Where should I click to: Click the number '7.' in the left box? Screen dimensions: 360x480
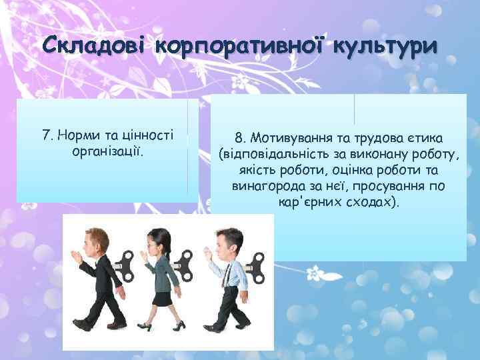click(49, 135)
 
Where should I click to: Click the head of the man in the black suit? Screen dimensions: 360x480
click(91, 245)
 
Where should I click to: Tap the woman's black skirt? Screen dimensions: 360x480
click(163, 297)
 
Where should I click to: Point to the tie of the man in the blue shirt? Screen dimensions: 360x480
click(225, 273)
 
